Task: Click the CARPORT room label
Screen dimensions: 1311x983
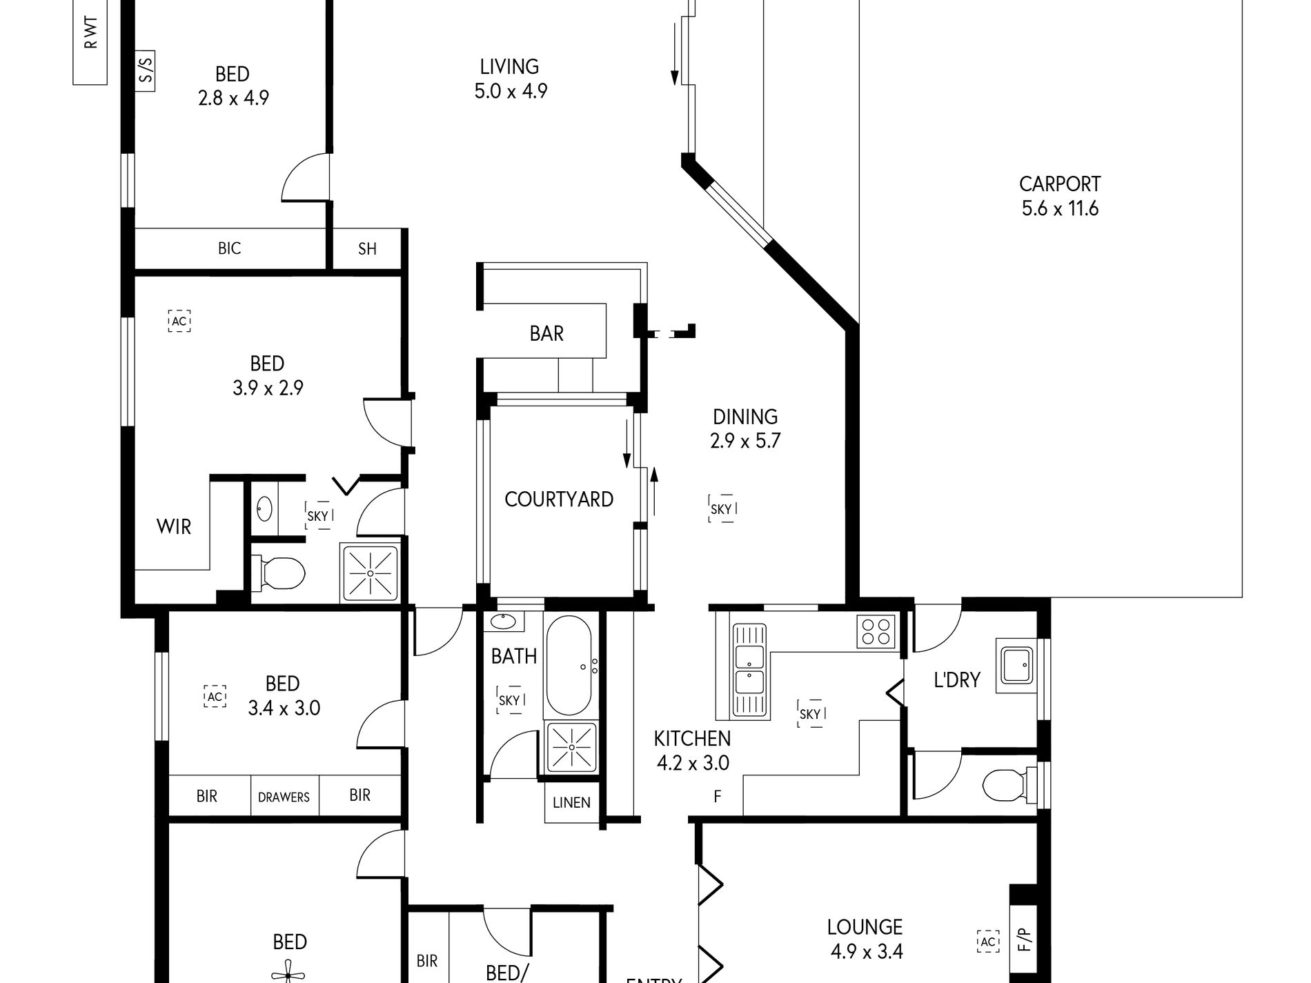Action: [x=1059, y=184]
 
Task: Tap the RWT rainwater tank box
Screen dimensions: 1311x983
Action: [x=90, y=42]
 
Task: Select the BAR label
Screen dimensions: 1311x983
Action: [x=546, y=334]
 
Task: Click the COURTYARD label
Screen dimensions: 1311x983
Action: [x=559, y=499]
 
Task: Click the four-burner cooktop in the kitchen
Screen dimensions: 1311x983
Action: [x=876, y=631]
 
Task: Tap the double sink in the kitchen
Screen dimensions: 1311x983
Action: [x=749, y=668]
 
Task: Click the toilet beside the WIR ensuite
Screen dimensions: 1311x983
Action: [x=279, y=573]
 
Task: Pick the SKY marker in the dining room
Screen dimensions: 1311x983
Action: [x=721, y=509]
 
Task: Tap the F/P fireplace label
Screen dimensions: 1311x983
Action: [x=1024, y=940]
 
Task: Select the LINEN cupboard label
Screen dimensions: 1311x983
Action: [x=571, y=802]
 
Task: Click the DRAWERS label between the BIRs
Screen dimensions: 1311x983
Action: [x=284, y=797]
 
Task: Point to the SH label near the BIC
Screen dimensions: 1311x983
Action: [x=367, y=249]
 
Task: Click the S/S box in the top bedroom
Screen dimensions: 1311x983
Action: [x=146, y=70]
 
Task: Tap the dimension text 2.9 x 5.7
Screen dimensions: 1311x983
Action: [x=745, y=441]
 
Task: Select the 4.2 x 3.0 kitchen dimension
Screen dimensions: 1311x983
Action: [x=693, y=763]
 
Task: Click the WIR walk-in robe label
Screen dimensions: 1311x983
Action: [x=174, y=527]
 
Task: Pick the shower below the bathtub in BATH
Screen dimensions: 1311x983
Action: [x=571, y=747]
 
